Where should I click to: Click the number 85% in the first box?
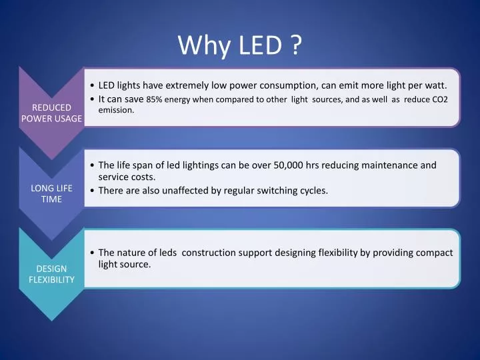coord(155,100)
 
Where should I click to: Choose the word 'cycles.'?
coord(311,190)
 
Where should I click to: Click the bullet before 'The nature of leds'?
coord(92,253)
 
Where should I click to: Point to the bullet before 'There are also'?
coord(92,191)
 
